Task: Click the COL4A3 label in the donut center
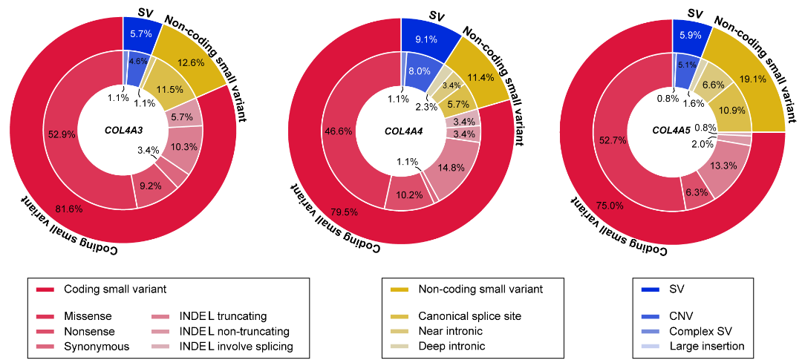point(123,131)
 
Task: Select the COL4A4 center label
point(402,131)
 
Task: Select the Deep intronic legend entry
point(450,346)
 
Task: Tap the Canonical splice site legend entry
point(470,316)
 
